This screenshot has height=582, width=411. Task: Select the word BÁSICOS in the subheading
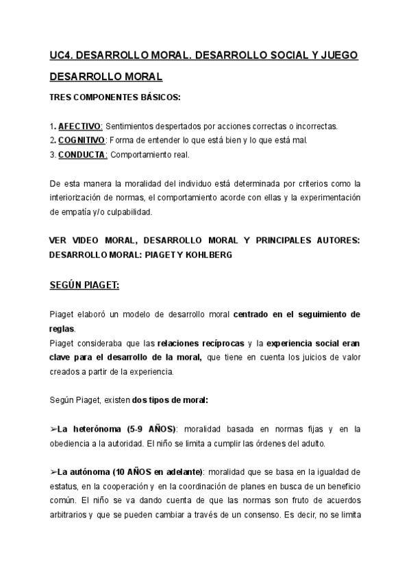(158, 97)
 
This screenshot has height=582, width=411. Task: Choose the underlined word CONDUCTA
(83, 154)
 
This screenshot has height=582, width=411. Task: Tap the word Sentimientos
(132, 127)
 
